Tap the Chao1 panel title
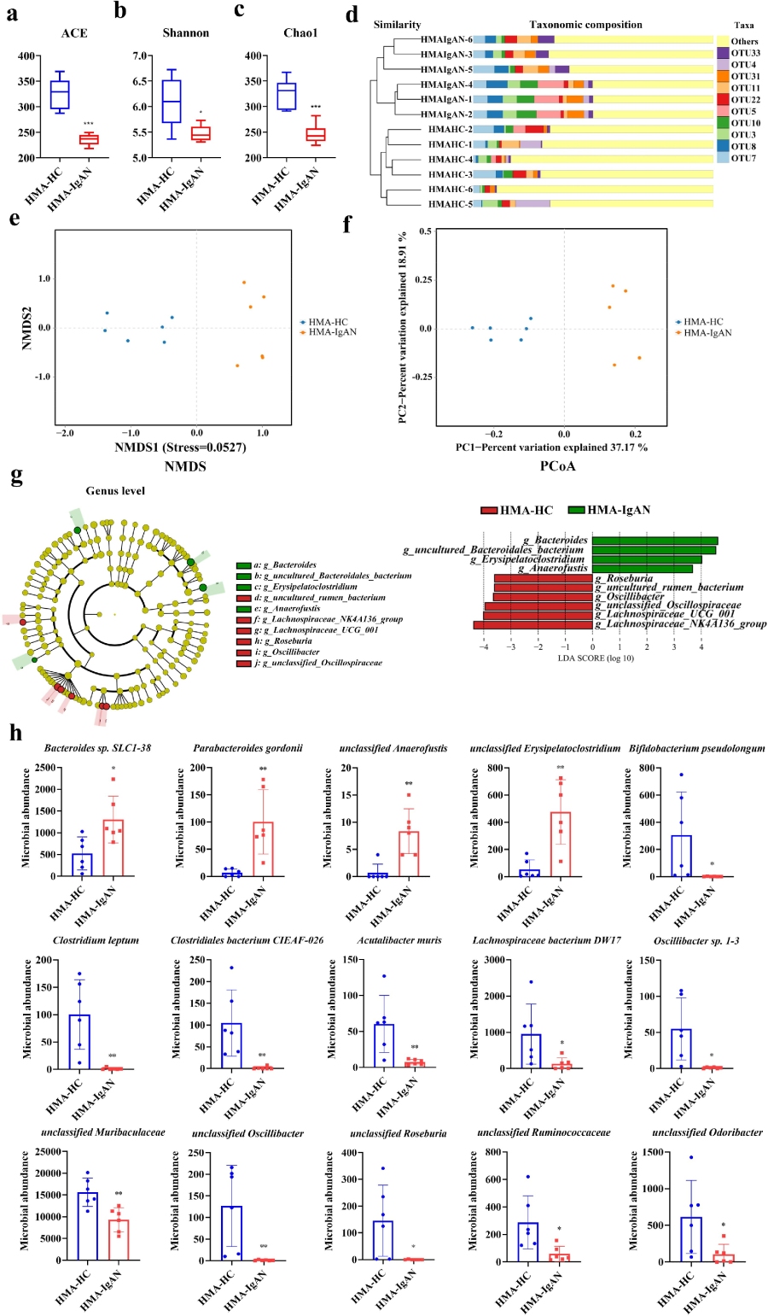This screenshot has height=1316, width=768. point(300,33)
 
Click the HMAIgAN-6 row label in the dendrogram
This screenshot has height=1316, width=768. point(445,40)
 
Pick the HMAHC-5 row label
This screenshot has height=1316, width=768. point(450,204)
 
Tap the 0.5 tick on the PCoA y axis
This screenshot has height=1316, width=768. point(424,231)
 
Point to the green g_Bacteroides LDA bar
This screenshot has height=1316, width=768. point(655,541)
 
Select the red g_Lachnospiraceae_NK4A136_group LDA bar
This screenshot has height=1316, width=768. point(533,625)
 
